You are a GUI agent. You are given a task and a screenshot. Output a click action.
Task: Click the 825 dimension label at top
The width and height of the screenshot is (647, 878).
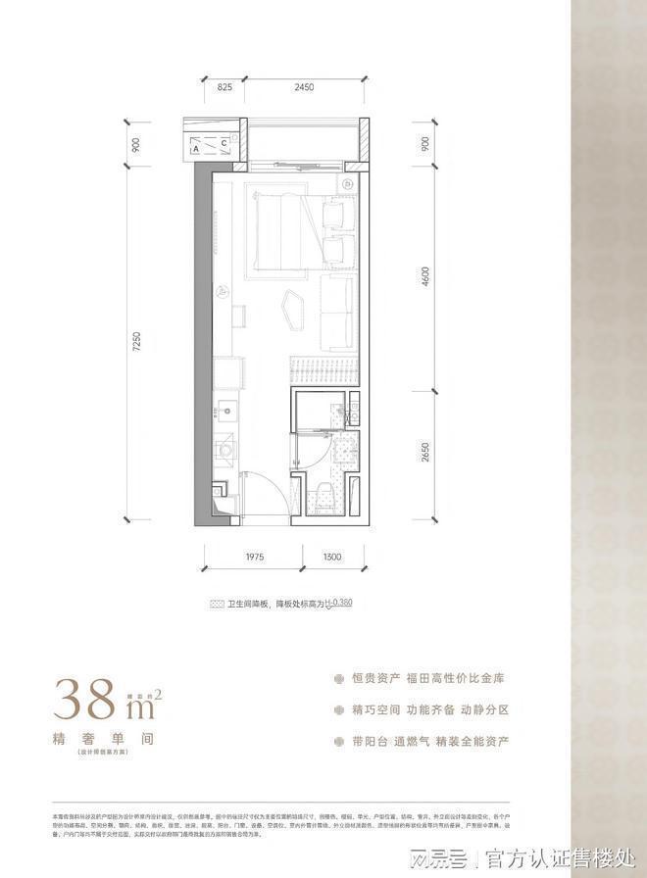point(224,87)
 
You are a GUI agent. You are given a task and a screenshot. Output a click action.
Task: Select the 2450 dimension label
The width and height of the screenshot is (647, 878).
point(303,87)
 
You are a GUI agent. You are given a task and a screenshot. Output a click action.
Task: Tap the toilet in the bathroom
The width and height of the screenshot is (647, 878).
point(320,494)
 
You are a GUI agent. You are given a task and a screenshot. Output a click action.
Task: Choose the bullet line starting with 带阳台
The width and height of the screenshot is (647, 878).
point(429,741)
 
